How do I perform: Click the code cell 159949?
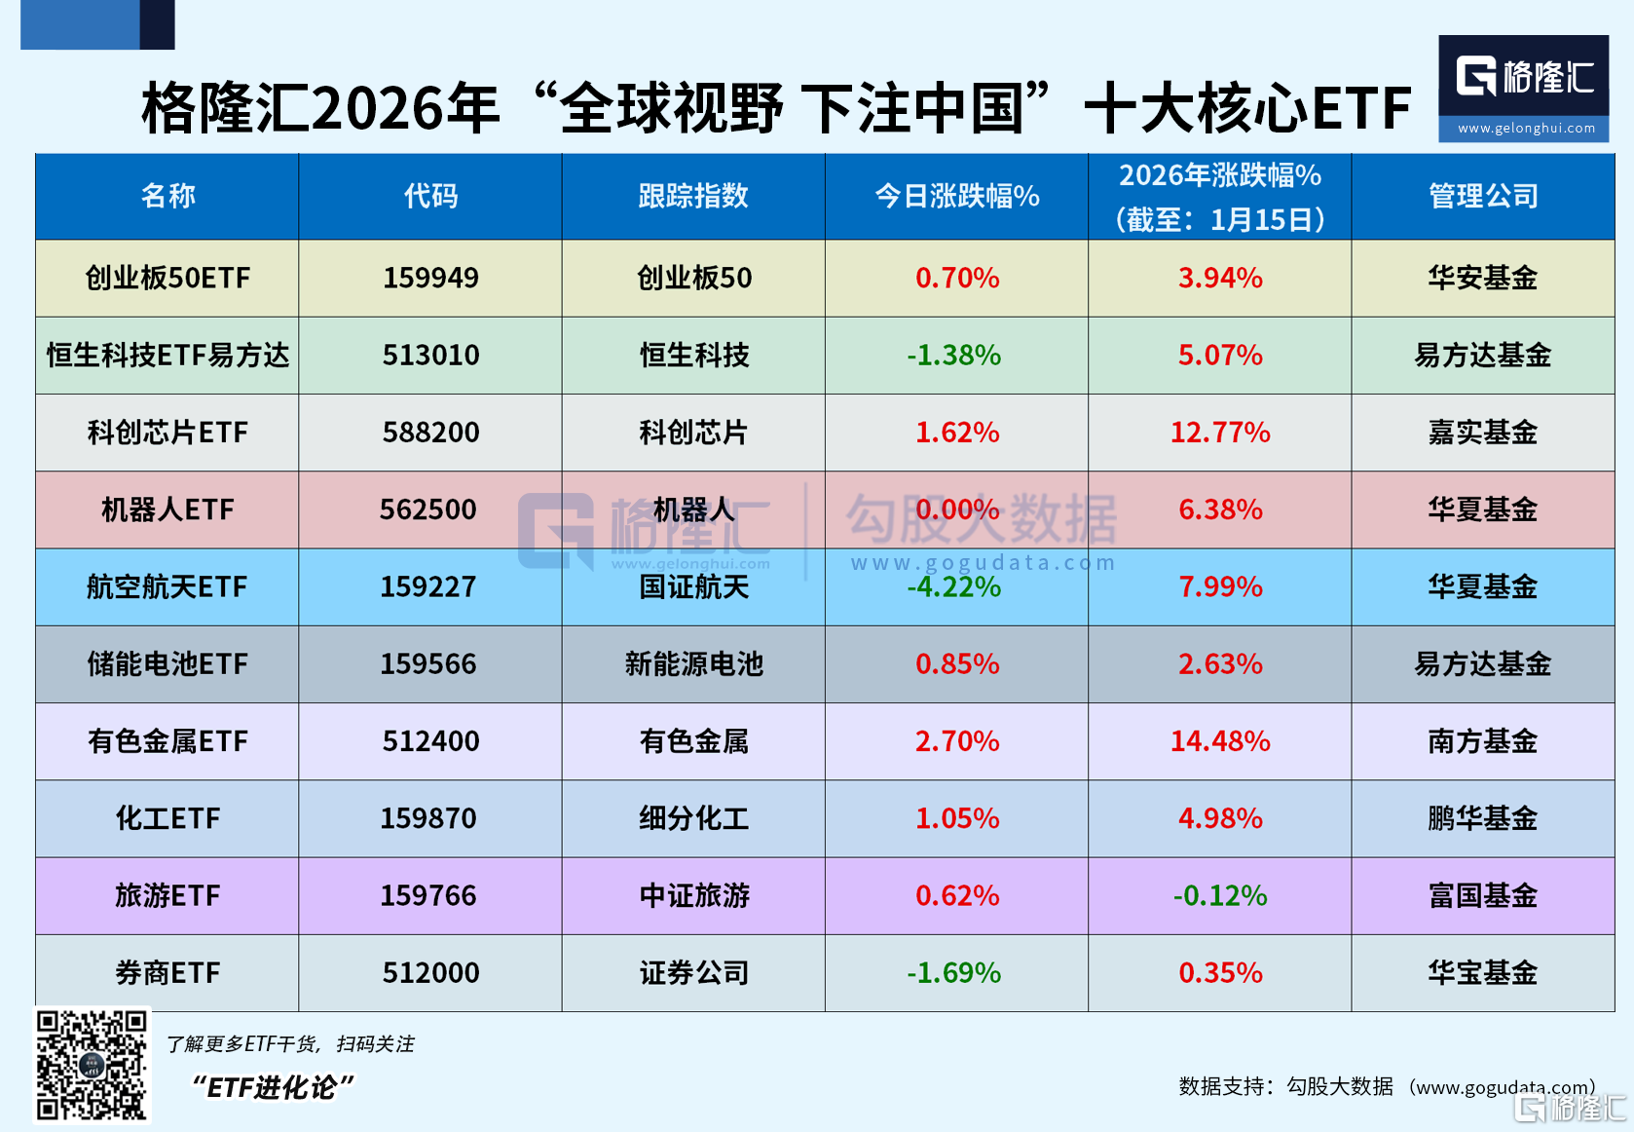(x=430, y=278)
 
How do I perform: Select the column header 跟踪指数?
(x=693, y=196)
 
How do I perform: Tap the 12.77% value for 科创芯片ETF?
(x=1219, y=433)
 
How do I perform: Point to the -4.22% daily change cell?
(x=954, y=586)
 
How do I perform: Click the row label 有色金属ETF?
(x=167, y=741)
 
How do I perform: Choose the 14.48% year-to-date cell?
(x=1219, y=741)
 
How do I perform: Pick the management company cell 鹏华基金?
(x=1482, y=818)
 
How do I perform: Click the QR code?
(x=92, y=1065)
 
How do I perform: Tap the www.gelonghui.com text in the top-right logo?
(x=1526, y=128)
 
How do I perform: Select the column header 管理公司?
(x=1482, y=196)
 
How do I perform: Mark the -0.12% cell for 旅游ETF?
(x=1219, y=895)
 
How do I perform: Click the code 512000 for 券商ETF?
(x=430, y=972)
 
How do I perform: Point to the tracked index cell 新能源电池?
(x=693, y=664)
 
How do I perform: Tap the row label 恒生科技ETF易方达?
(x=167, y=356)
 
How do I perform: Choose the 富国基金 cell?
(x=1482, y=895)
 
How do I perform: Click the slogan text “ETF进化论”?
(x=273, y=1087)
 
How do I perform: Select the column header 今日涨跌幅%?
(x=956, y=196)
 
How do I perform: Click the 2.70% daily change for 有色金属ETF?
(x=956, y=741)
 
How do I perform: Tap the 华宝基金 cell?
(x=1482, y=972)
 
